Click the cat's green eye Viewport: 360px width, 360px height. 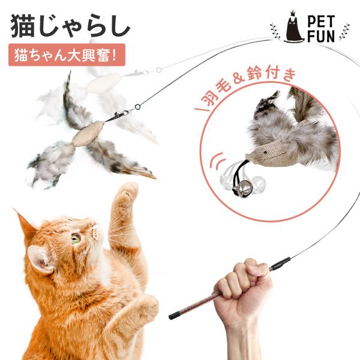(76, 238)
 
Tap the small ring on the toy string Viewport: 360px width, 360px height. (137, 109)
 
